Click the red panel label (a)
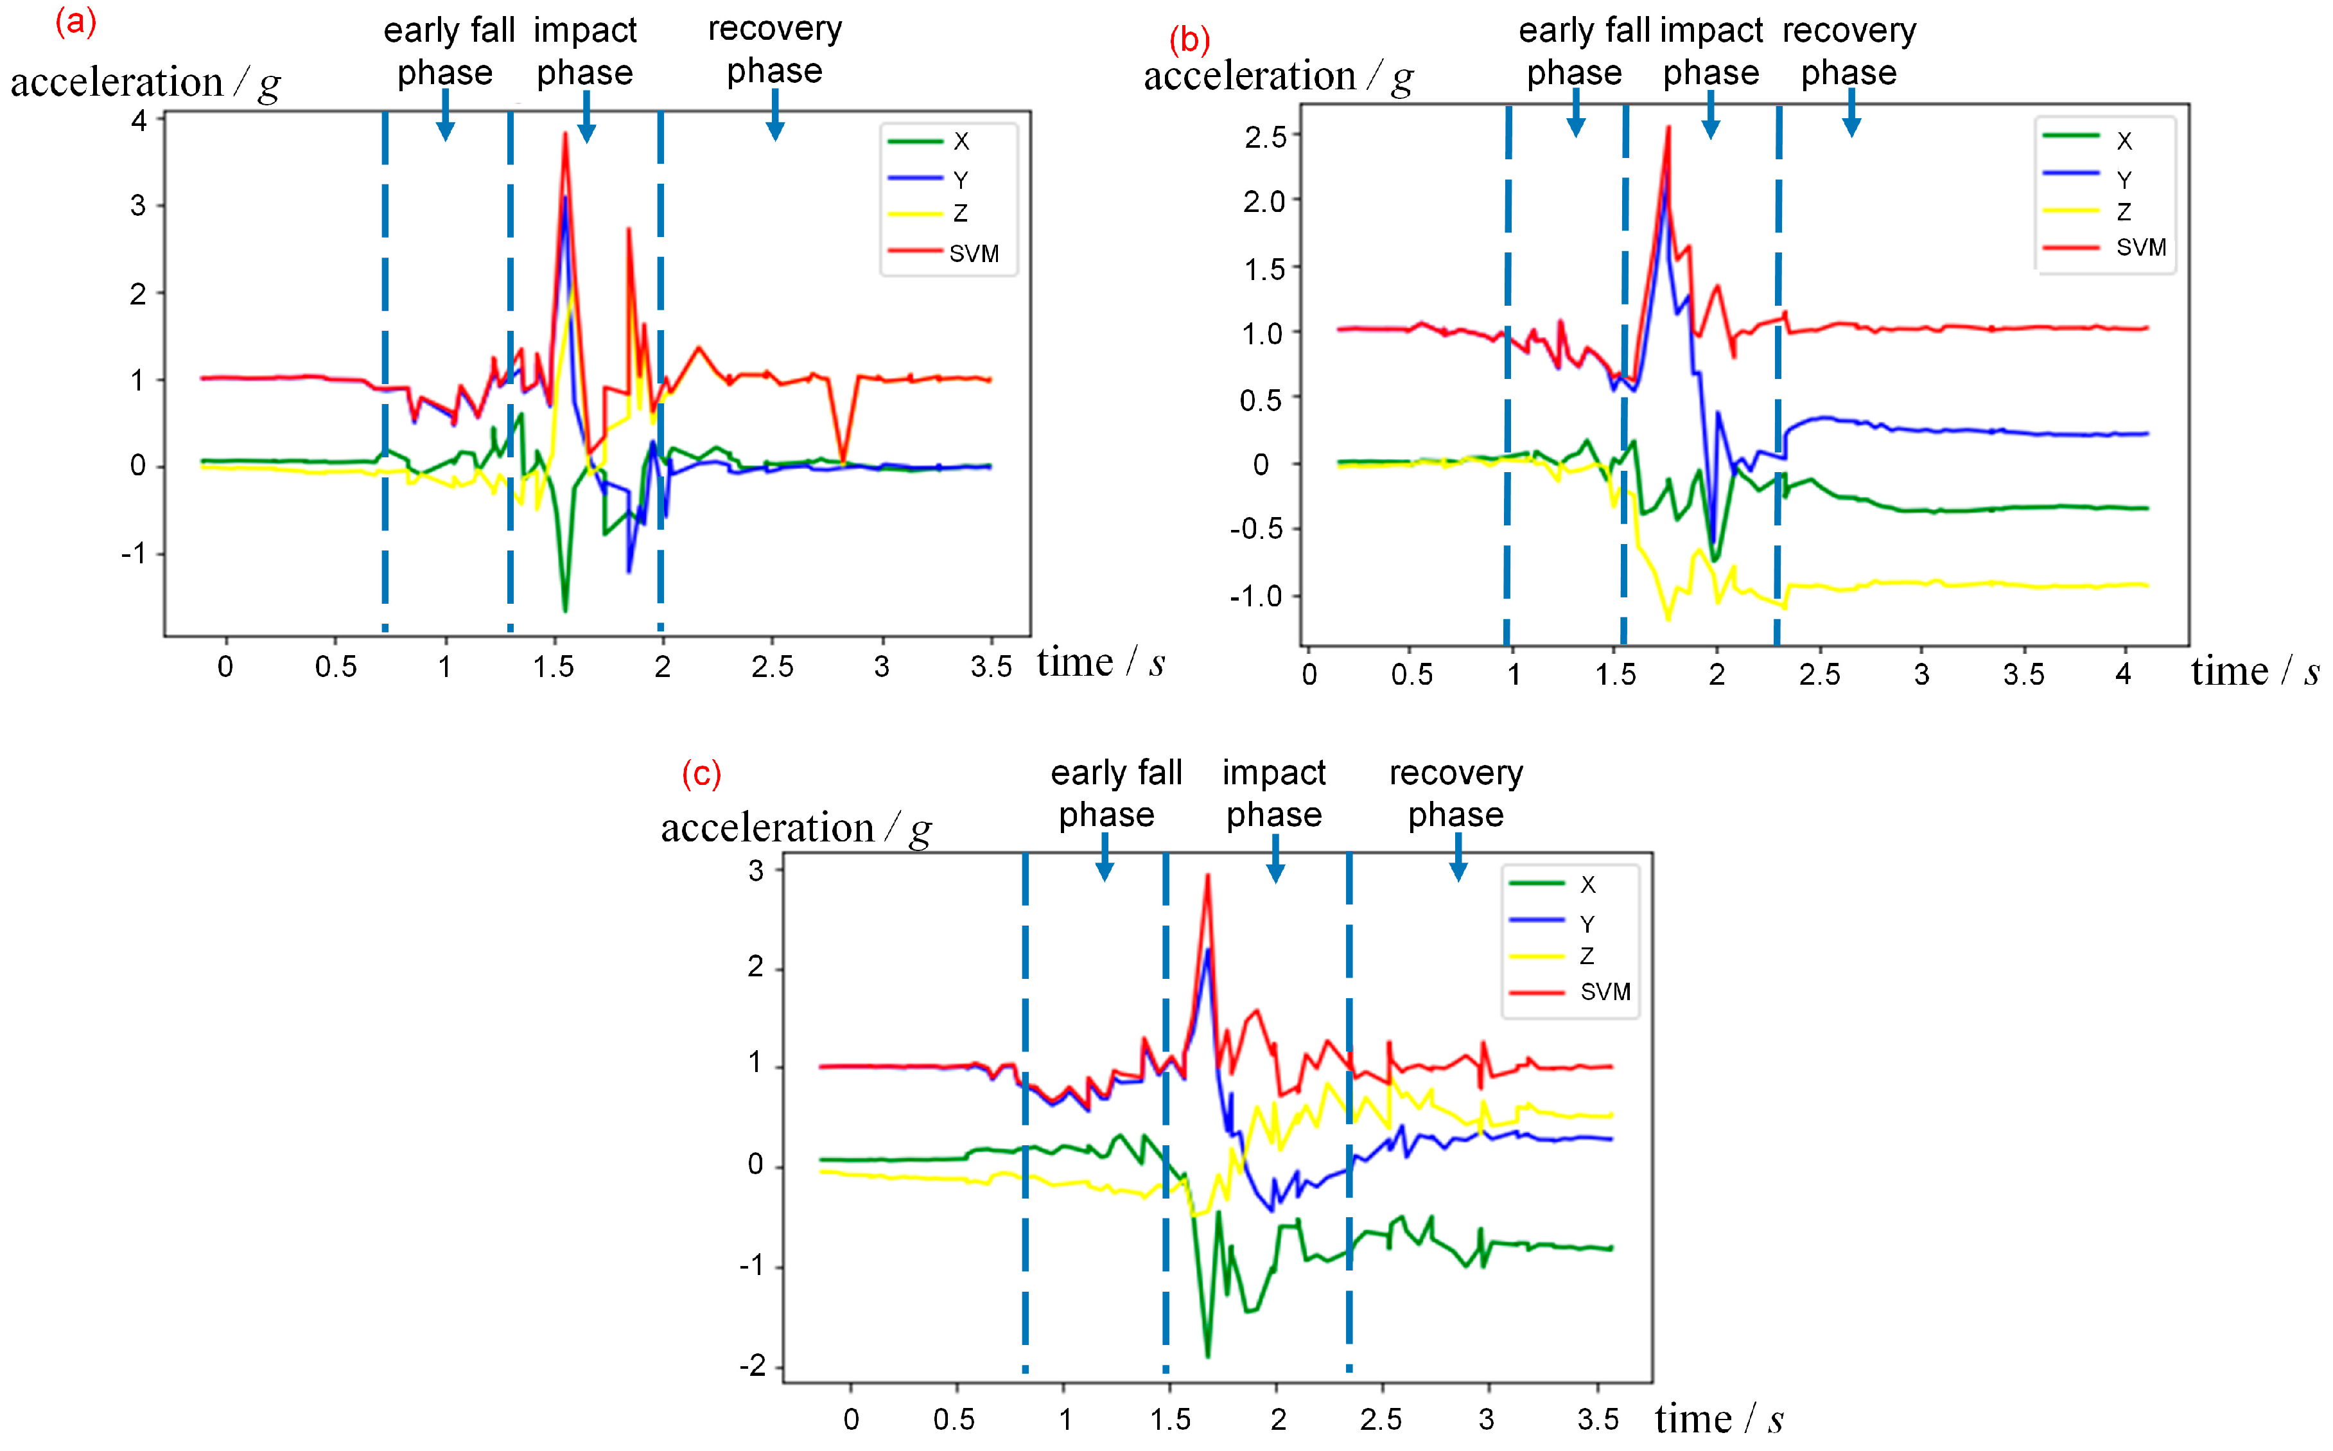pos(76,21)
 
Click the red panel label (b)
pos(1189,40)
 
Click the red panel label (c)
pos(701,773)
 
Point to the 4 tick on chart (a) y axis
pos(140,121)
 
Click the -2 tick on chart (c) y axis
pos(753,1366)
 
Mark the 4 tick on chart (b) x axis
pos(2123,674)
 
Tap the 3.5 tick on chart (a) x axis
pos(991,667)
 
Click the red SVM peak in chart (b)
pos(1669,128)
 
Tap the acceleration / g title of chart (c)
pos(795,828)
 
